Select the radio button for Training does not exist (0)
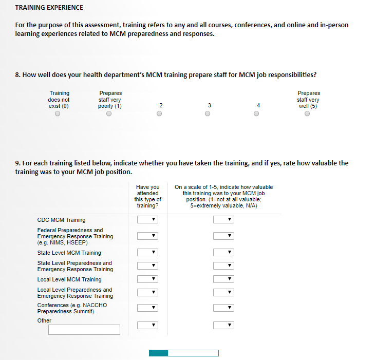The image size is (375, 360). click(x=58, y=114)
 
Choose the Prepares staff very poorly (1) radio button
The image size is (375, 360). click(x=109, y=114)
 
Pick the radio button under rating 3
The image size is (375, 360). click(x=208, y=114)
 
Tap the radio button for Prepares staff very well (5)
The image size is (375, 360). click(x=307, y=114)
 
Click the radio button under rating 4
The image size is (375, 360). click(x=256, y=114)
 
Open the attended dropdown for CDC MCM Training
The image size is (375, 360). click(x=147, y=220)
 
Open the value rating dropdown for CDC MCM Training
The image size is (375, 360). click(x=223, y=220)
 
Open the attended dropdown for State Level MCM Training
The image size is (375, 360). click(x=147, y=253)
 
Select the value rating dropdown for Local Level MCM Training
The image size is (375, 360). click(x=223, y=279)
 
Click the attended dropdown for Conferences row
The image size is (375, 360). click(x=147, y=308)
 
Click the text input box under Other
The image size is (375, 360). click(x=84, y=330)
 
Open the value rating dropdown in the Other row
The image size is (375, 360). click(x=223, y=325)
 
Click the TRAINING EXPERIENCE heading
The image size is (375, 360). click(x=49, y=8)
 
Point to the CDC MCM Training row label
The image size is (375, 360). click(x=61, y=220)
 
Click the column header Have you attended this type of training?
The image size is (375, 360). click(x=147, y=196)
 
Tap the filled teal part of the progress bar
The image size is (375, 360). click(x=158, y=353)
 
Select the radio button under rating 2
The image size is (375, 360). click(x=159, y=114)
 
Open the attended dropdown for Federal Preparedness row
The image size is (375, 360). click(x=147, y=236)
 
